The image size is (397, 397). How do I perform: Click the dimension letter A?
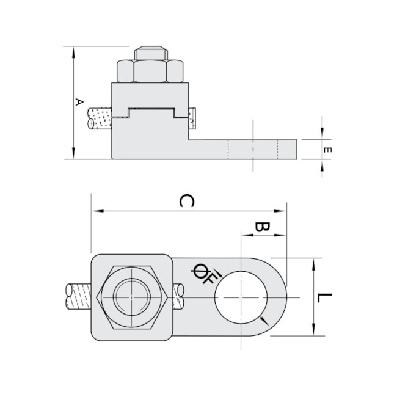click(78, 101)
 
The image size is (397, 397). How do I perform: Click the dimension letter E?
click(328, 150)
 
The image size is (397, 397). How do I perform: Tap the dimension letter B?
click(262, 227)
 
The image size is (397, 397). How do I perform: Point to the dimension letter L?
click(325, 297)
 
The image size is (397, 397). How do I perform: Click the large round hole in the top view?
click(241, 296)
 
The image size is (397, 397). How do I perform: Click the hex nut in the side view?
click(150, 71)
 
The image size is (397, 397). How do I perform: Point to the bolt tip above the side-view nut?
click(150, 53)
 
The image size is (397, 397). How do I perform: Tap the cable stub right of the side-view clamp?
click(193, 118)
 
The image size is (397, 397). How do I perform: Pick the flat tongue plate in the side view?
click(244, 149)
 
